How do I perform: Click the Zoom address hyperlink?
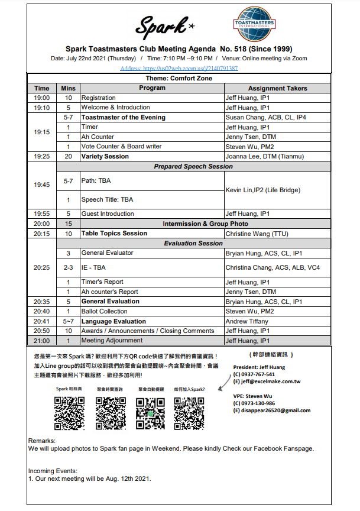click(179, 69)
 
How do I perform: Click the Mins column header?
click(69, 88)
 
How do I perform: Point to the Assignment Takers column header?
click(277, 88)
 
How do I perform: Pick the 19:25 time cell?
click(42, 157)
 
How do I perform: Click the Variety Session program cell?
click(105, 157)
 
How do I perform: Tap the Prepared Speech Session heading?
click(193, 166)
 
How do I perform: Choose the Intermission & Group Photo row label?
click(205, 224)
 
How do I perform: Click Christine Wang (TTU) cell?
click(257, 234)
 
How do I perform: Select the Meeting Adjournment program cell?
click(112, 341)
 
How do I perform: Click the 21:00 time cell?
click(42, 341)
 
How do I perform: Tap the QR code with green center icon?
click(150, 412)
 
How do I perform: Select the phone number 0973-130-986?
click(257, 403)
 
